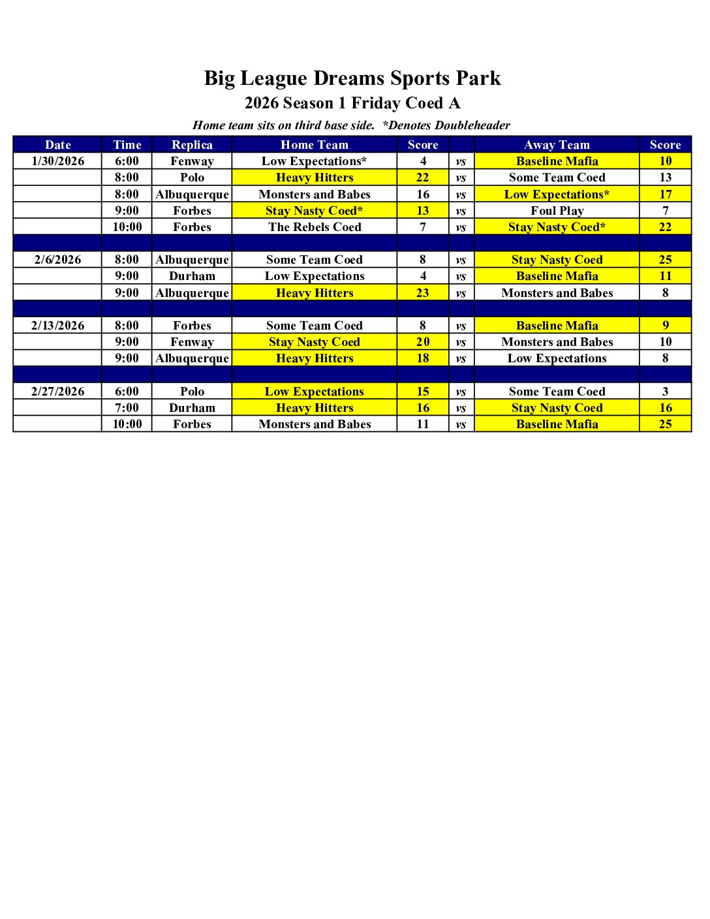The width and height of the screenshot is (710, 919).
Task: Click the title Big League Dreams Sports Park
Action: pos(352,78)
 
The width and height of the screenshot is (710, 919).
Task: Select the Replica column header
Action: pos(192,145)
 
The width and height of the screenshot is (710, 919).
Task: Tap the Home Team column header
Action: pos(315,145)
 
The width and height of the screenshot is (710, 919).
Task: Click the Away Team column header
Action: pos(557,145)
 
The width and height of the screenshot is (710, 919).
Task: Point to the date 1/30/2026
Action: pos(58,161)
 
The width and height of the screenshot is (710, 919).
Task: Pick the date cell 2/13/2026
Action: pos(58,326)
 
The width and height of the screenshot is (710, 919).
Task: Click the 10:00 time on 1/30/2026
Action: pos(127,227)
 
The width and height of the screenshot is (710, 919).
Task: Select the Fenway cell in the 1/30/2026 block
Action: pos(192,161)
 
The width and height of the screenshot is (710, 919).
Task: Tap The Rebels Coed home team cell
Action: pos(315,227)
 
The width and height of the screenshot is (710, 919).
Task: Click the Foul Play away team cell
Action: pos(557,211)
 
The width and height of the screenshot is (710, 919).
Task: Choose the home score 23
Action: pos(423,293)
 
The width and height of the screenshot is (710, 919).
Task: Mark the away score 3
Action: pos(665,392)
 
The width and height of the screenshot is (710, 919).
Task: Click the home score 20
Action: pos(423,342)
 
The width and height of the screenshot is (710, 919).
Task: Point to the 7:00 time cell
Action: pos(127,408)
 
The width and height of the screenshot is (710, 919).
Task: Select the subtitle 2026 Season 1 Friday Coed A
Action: pos(352,103)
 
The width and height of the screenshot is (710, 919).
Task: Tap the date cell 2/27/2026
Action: pos(58,392)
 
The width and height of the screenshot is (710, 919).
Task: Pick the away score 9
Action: pos(665,326)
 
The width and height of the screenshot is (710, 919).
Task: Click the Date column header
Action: pos(58,145)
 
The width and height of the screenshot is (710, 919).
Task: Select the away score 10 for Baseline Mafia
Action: pos(665,161)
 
